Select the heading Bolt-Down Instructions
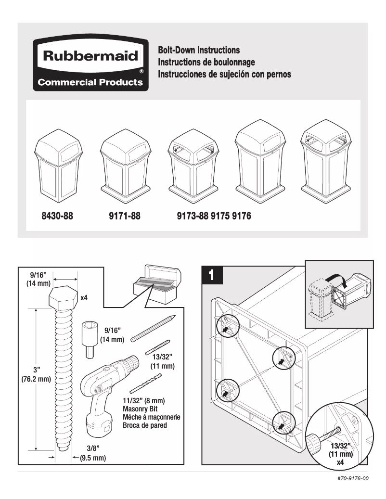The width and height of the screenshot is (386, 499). (199, 50)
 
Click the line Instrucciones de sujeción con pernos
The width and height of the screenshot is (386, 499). (224, 75)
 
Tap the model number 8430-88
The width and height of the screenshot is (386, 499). (57, 216)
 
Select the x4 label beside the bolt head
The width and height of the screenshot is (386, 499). (84, 298)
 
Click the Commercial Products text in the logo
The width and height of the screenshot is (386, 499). (90, 82)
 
